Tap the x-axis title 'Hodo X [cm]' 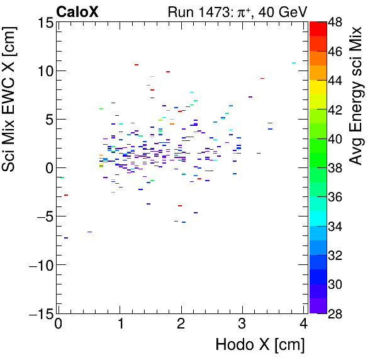click(x=260, y=344)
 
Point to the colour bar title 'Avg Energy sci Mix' click(x=357, y=95)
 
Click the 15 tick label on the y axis click(x=43, y=23)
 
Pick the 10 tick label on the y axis click(x=43, y=71)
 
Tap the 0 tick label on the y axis click(x=47, y=168)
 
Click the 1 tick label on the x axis click(x=120, y=325)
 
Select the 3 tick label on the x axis click(x=243, y=325)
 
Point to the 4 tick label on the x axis click(x=304, y=325)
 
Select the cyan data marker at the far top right click(x=294, y=63)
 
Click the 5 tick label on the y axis click(x=47, y=120)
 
